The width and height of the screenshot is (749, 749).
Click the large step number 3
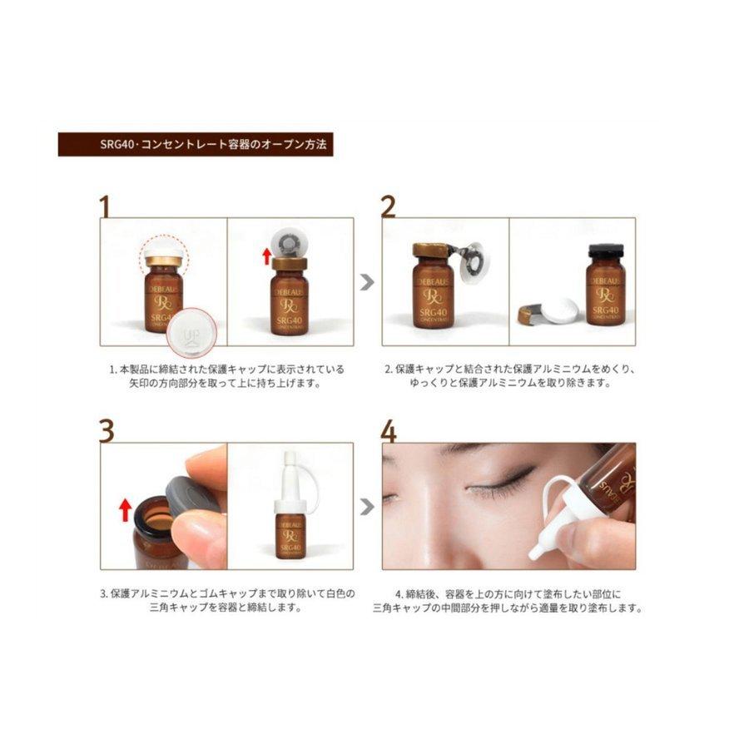[106, 430]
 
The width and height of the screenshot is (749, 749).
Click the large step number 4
[389, 430]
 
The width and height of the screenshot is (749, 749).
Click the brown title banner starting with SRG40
[196, 144]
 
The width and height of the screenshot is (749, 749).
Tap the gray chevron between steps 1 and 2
[367, 282]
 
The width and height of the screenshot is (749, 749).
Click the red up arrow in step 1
[267, 255]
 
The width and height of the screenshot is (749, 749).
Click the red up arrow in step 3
[125, 508]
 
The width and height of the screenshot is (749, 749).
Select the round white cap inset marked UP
[188, 340]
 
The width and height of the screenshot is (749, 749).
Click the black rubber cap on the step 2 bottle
[605, 251]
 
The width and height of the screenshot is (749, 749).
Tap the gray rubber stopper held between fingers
[191, 499]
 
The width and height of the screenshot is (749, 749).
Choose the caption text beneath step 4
[508, 601]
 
